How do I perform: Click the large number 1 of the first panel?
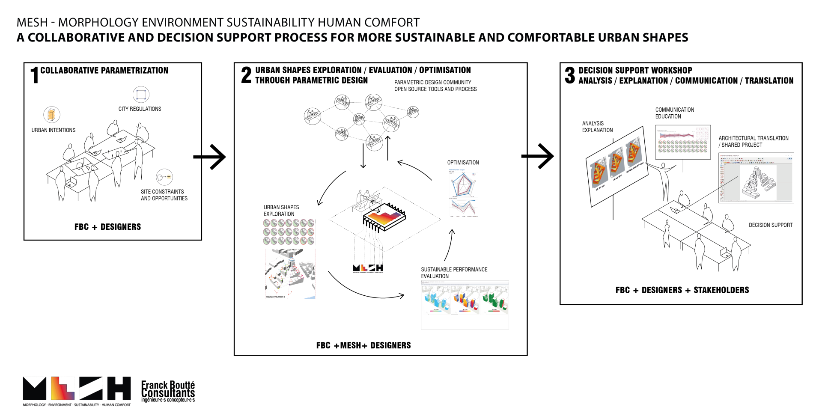point(35,75)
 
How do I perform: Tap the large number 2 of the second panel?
point(246,75)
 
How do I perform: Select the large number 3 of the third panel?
point(570,75)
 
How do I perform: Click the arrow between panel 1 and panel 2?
point(209,157)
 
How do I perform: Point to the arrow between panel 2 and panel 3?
point(537,156)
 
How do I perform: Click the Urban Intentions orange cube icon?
point(52,115)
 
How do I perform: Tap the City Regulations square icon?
point(141,95)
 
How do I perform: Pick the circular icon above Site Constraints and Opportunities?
point(164,177)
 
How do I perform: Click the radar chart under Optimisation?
point(462,184)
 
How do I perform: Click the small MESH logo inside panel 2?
point(368,268)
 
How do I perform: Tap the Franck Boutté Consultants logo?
point(168,391)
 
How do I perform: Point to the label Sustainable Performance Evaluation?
point(454,273)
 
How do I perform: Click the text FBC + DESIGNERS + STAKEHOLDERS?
point(682,290)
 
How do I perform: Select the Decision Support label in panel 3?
point(770,225)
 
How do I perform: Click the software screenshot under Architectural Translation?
point(756,178)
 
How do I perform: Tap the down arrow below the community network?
point(363,156)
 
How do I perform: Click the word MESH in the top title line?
point(32,22)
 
